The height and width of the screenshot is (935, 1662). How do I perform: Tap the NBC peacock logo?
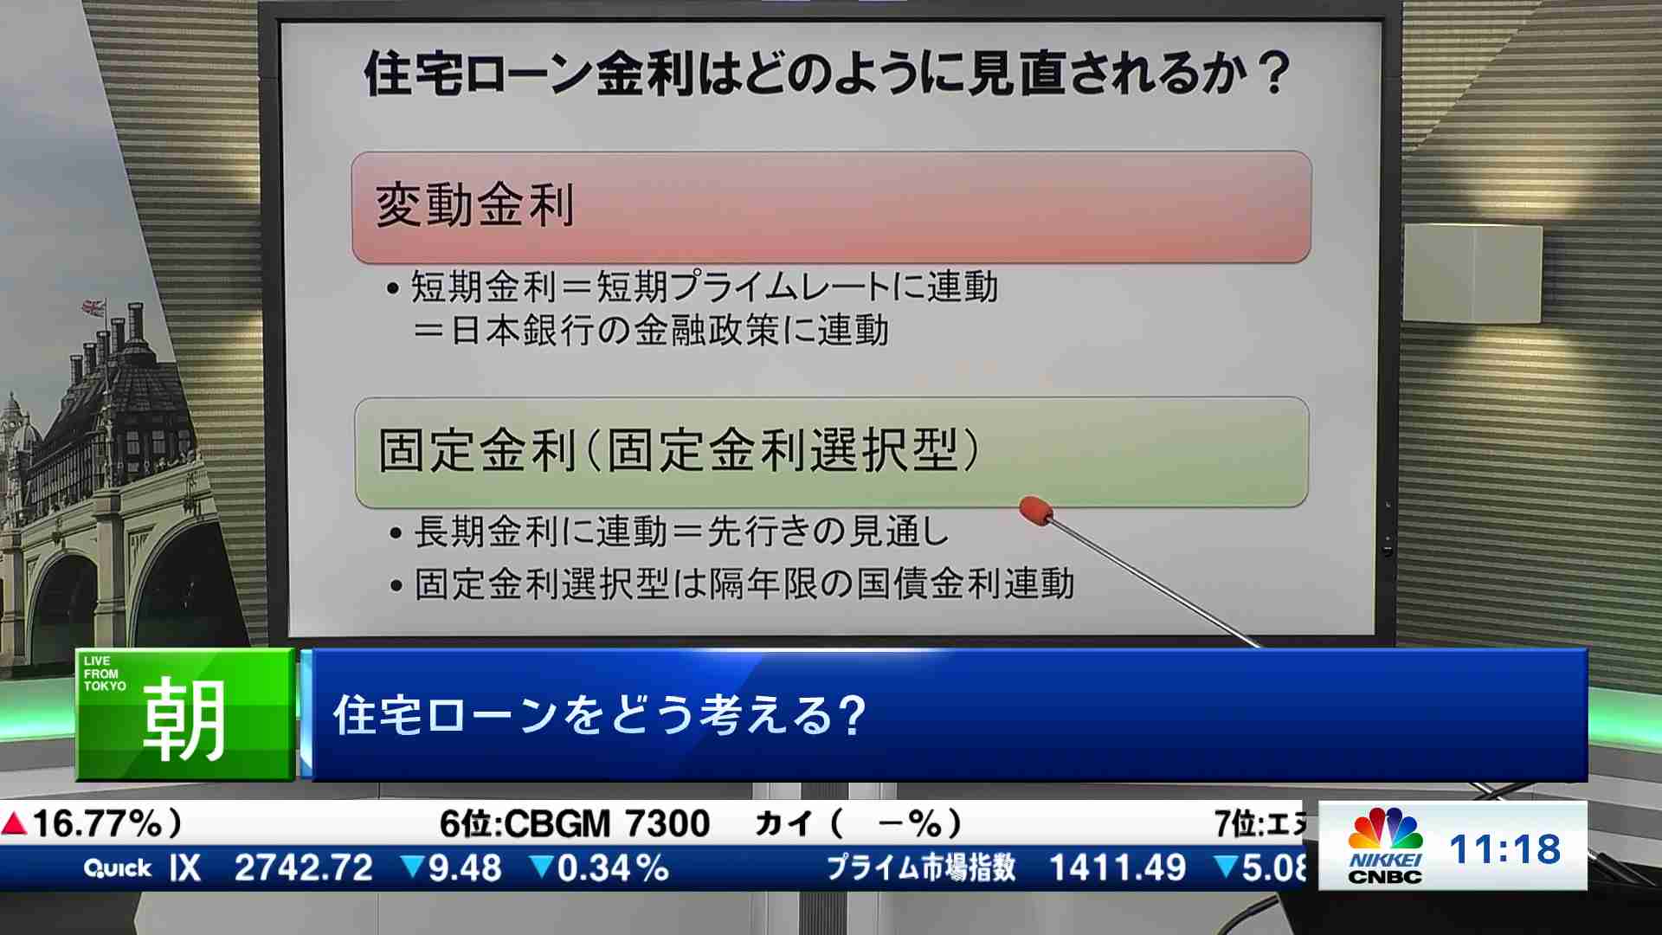pos(1385,829)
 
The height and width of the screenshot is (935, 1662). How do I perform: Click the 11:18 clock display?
pos(1504,849)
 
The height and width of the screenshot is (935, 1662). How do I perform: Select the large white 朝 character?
pos(184,719)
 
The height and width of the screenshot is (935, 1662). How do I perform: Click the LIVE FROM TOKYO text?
pos(104,674)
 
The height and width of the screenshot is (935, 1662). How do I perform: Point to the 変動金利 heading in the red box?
pos(475,205)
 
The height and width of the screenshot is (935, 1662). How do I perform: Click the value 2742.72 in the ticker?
pos(304,867)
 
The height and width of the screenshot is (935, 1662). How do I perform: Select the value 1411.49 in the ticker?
pos(1118,867)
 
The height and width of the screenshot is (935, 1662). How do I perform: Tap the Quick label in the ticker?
pos(118,867)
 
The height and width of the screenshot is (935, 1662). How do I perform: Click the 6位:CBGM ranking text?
pos(525,823)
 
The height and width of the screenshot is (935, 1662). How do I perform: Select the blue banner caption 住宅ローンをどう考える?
pos(600,715)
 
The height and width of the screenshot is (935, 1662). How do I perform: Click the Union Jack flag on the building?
pos(93,307)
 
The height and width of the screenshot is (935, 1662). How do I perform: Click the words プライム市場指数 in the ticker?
pos(921,867)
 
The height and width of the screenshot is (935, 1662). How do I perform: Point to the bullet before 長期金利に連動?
pos(396,533)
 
